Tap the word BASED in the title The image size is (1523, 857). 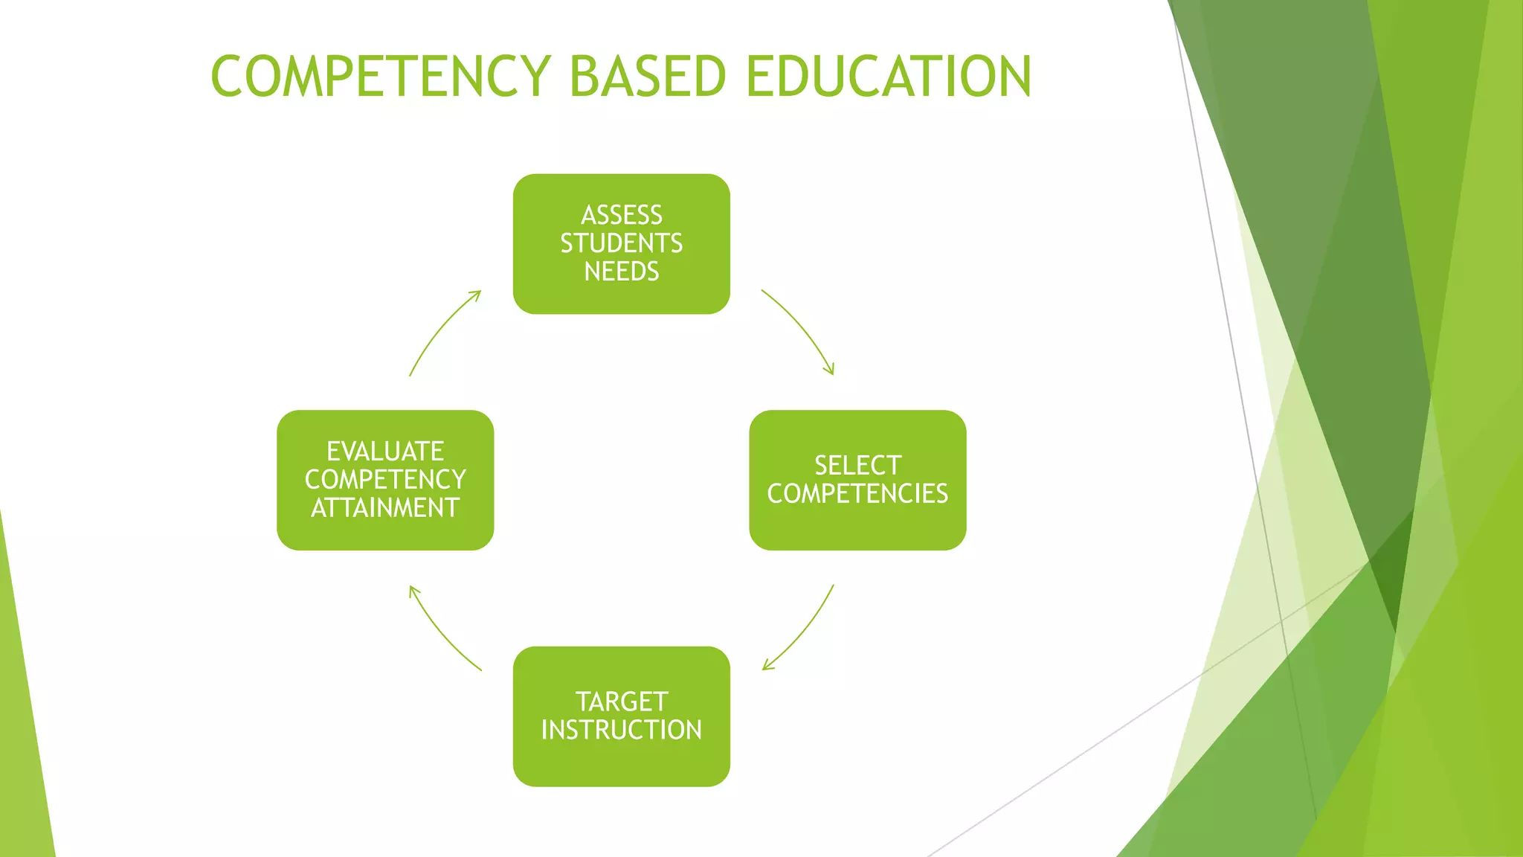click(x=647, y=76)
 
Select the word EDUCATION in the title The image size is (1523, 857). click(x=889, y=76)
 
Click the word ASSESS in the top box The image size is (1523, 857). click(x=622, y=215)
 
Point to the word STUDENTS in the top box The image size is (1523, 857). click(x=622, y=243)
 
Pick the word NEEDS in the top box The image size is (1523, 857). click(x=622, y=272)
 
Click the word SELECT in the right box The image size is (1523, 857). click(x=857, y=466)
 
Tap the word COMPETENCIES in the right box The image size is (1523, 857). click(x=857, y=494)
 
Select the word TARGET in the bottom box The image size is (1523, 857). click(x=622, y=702)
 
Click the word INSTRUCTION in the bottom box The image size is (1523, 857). click(x=622, y=730)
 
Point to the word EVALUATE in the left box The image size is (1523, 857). click(x=385, y=452)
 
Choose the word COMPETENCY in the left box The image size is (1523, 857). click(x=385, y=480)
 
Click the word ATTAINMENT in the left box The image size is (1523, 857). click(x=385, y=508)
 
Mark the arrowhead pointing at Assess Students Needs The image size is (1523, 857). click(x=477, y=295)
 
